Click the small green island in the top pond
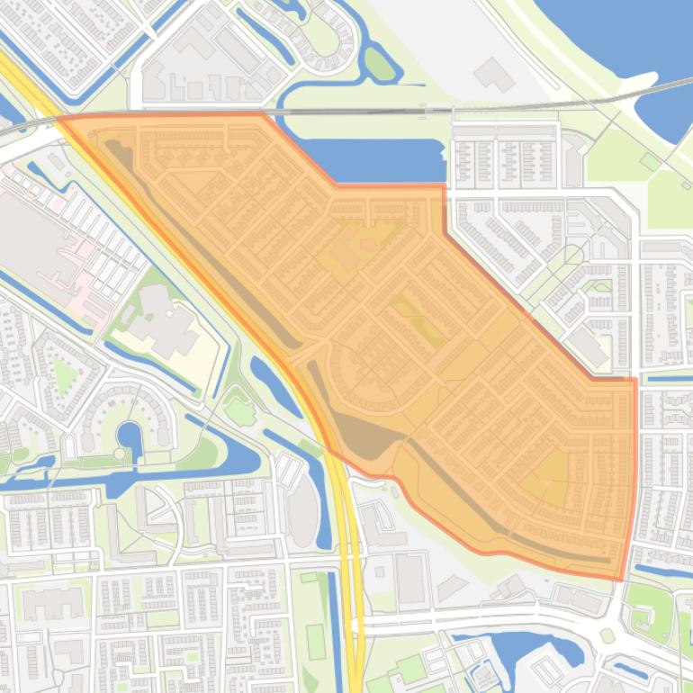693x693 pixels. (x=380, y=63)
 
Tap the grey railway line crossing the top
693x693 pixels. (x=360, y=111)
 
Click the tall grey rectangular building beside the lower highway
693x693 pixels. (x=410, y=576)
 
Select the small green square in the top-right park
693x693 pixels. (x=649, y=160)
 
